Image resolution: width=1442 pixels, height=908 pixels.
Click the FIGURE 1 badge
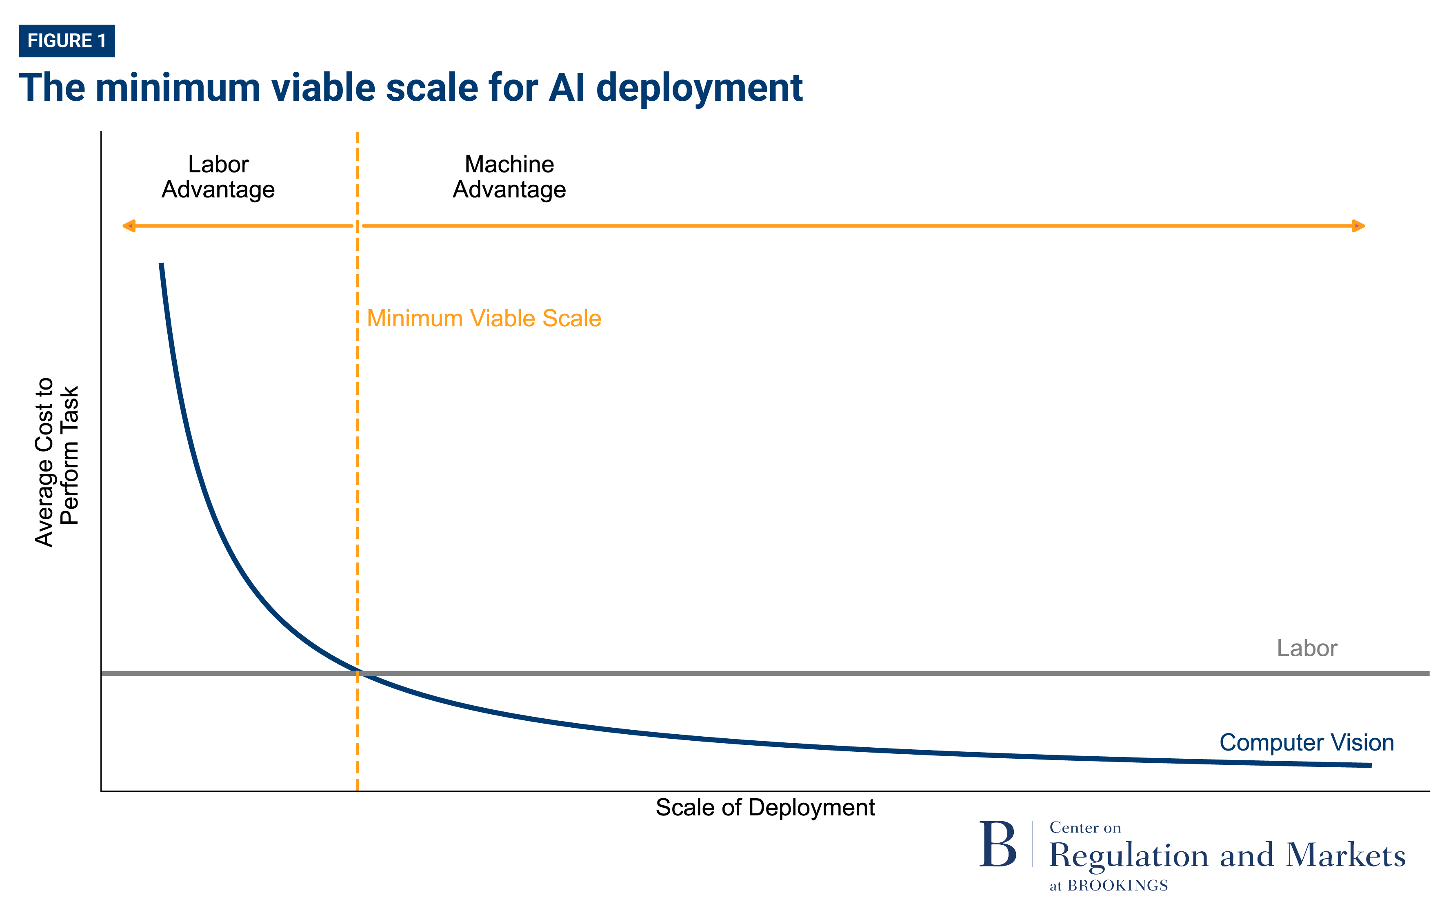[x=67, y=41]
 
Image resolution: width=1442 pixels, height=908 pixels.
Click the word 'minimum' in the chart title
[x=177, y=88]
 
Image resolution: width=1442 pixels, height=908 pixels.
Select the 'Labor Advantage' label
[x=218, y=177]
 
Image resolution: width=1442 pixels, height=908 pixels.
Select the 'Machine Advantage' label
[x=509, y=177]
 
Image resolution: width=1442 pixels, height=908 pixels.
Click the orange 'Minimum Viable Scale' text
[x=484, y=319]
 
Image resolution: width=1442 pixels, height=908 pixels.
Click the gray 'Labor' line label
[x=1306, y=648]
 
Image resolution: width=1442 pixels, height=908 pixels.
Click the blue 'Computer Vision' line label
[x=1306, y=742]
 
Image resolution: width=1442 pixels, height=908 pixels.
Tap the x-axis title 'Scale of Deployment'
[x=765, y=807]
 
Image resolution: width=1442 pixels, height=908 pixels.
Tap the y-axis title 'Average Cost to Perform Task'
[x=57, y=462]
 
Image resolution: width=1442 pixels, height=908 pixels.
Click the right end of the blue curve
[x=1369, y=765]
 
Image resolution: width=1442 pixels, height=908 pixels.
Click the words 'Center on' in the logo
[x=1085, y=828]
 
